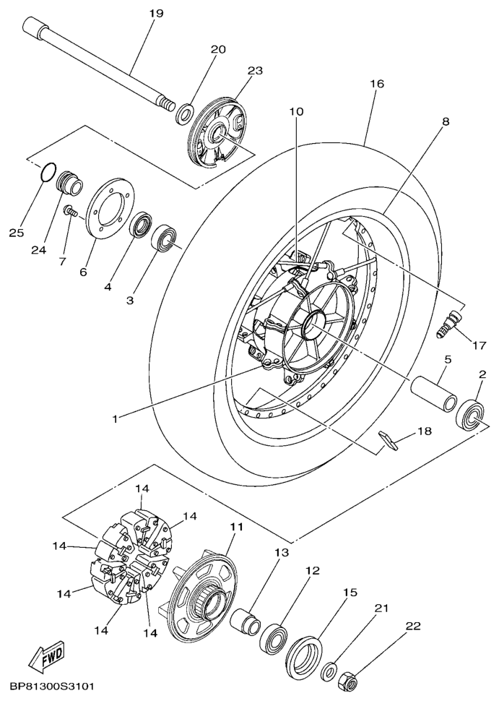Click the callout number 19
[x=157, y=14]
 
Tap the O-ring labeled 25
[x=48, y=173]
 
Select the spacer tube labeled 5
[x=434, y=392]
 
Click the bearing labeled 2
[x=470, y=415]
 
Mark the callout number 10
[x=296, y=111]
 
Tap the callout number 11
[x=236, y=527]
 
